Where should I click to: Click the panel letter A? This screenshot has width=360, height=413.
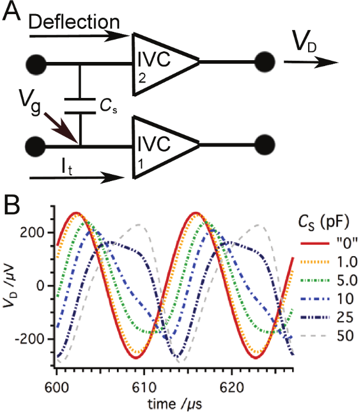pos(13,12)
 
